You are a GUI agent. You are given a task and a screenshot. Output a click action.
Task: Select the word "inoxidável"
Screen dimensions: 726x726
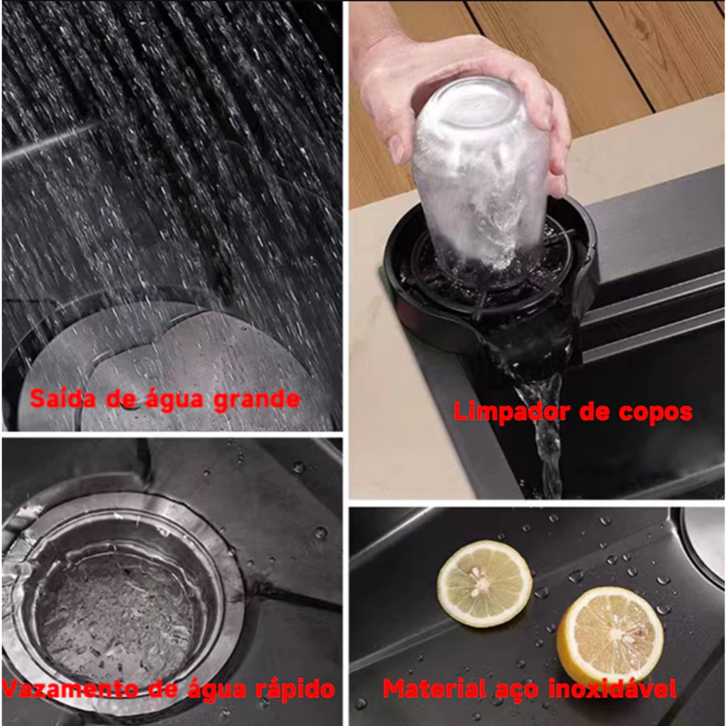613,688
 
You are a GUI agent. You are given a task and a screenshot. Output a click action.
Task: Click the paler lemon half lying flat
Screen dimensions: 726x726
484,583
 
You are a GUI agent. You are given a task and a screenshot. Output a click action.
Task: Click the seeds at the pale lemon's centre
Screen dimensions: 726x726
479,581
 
